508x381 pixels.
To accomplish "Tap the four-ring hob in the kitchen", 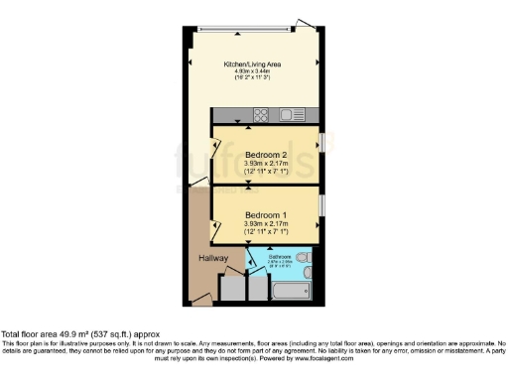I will (261, 115).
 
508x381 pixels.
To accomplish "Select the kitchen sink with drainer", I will (295, 115).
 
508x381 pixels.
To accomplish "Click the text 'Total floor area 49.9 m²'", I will (60, 335).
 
